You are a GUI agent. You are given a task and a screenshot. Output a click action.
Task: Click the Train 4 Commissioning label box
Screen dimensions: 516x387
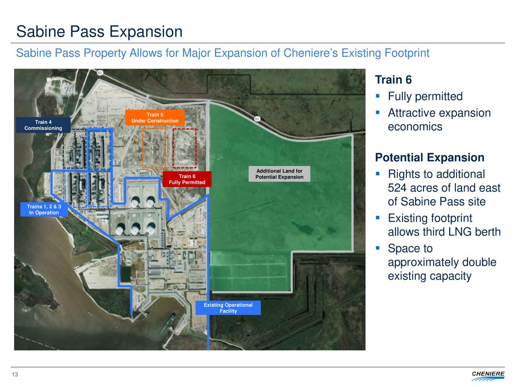point(43,125)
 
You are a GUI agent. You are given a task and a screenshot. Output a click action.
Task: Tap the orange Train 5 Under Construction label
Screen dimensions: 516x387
point(155,117)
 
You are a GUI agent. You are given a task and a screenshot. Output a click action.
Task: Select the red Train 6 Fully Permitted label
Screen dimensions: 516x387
point(187,179)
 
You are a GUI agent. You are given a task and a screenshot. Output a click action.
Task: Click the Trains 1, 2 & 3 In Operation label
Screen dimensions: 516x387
point(44,209)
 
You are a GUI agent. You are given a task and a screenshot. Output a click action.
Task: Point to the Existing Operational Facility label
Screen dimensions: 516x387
point(228,308)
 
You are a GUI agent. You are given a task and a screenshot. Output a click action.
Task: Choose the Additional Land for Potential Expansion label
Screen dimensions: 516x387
point(279,174)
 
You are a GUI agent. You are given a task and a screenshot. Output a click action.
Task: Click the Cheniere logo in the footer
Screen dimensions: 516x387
point(488,375)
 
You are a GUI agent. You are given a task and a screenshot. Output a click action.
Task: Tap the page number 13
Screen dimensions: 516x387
point(15,375)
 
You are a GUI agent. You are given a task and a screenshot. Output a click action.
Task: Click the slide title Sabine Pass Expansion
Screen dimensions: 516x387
point(100,31)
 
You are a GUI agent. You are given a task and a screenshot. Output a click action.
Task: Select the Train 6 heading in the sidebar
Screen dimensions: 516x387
point(393,80)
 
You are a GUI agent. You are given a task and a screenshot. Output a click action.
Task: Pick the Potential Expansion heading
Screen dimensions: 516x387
point(430,158)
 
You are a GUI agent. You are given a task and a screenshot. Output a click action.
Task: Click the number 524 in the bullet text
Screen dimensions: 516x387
point(397,188)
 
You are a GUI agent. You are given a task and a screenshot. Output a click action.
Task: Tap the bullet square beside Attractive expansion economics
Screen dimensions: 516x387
point(378,112)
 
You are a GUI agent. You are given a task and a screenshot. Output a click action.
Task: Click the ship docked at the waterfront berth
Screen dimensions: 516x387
point(168,323)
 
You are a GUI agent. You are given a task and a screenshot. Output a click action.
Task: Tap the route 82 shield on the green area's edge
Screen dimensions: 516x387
point(258,119)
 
